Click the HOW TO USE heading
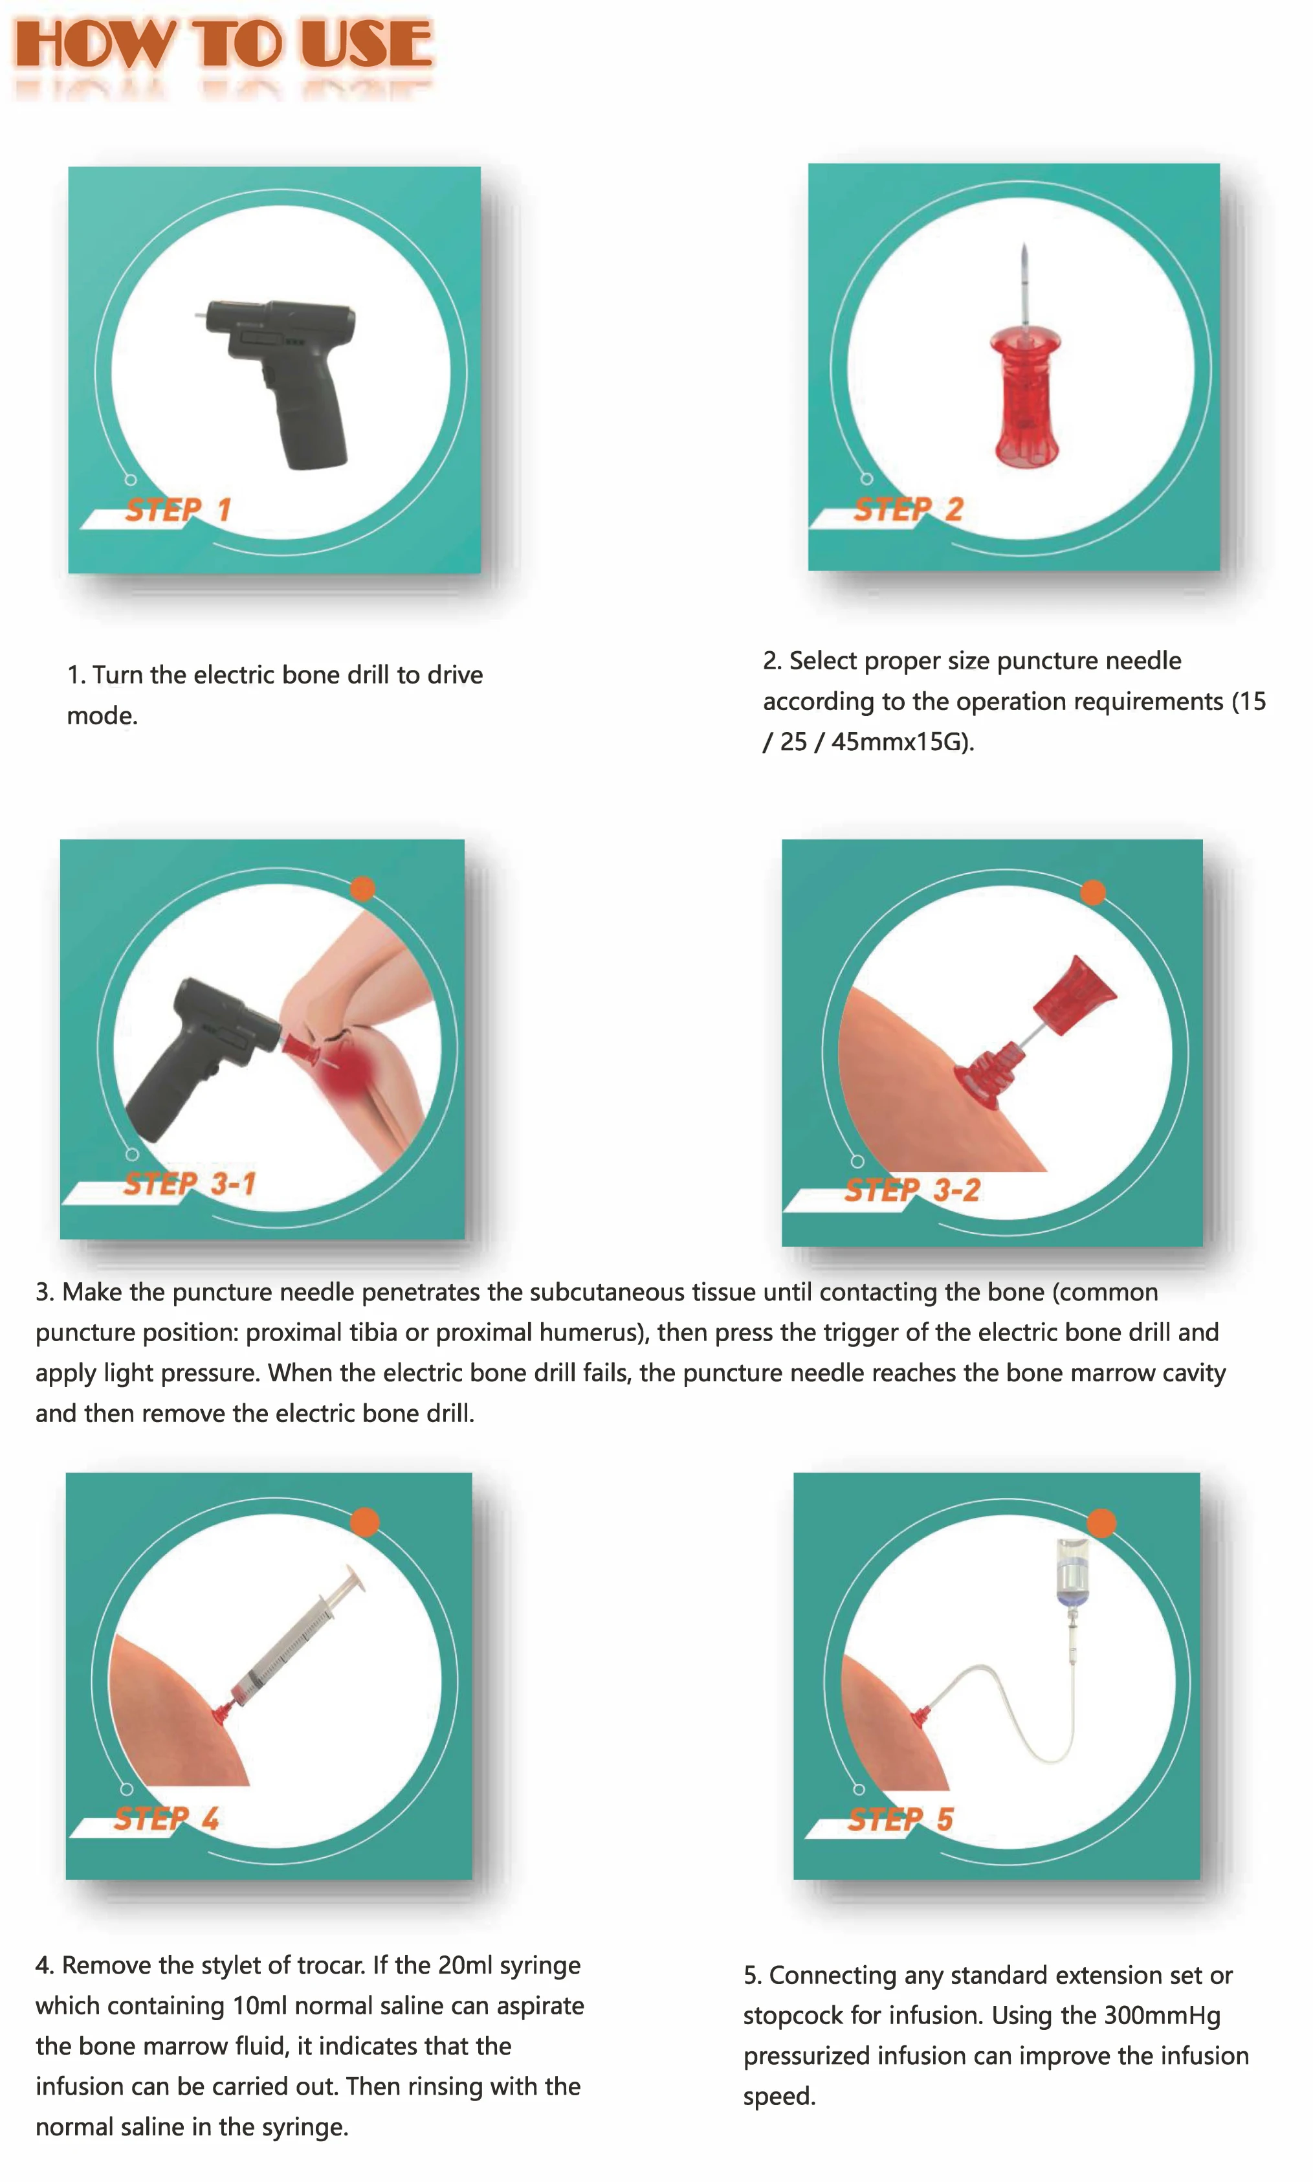click(x=223, y=44)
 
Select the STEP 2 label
click(x=908, y=509)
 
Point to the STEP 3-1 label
click(x=190, y=1183)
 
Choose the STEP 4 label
click(x=166, y=1818)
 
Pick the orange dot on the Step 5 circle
click(x=1101, y=1523)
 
